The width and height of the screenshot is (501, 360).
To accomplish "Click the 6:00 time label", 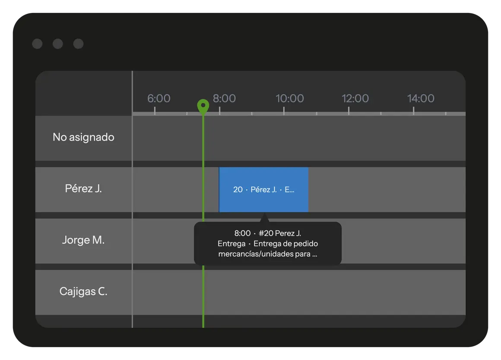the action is (159, 98).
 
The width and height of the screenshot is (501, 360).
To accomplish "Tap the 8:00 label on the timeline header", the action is (224, 98).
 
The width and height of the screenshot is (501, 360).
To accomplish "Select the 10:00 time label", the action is (290, 98).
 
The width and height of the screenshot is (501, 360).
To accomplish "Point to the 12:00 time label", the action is (355, 98).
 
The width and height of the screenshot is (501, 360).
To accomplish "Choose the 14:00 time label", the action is (421, 98).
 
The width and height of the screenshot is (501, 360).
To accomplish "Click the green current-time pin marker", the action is (203, 106).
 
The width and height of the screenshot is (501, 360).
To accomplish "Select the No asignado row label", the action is (83, 137).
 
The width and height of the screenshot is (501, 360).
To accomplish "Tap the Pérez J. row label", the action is (83, 188).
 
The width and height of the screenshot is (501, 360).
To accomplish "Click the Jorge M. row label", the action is (83, 240).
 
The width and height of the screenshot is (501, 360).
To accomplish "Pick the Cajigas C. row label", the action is (83, 291).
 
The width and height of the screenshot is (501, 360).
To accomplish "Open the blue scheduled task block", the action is (263, 190).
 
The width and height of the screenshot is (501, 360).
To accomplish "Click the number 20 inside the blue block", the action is (238, 190).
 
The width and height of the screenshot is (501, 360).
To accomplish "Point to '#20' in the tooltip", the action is (266, 233).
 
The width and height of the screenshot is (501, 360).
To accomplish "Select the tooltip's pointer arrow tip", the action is (264, 214).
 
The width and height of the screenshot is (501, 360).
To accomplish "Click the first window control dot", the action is (38, 44).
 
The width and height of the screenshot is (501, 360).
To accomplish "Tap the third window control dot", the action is (78, 44).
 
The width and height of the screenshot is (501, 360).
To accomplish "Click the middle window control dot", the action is (58, 44).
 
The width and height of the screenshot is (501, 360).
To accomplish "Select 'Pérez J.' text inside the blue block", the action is (263, 190).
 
